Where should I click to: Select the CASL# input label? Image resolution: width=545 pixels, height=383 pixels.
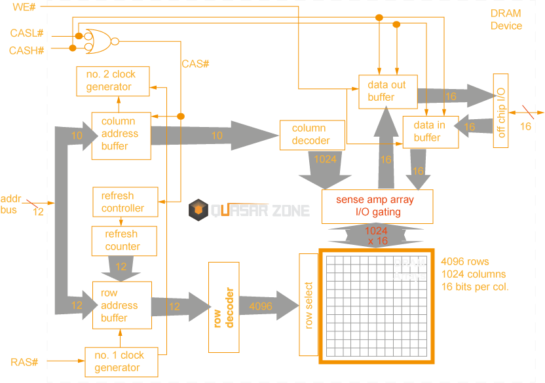coord(27,33)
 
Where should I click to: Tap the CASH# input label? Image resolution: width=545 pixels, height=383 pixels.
coord(27,50)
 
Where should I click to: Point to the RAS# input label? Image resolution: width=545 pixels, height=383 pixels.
coord(24,362)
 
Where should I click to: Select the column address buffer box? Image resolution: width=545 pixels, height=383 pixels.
coord(121,134)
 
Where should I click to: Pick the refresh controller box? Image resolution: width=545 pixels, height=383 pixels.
coord(124,202)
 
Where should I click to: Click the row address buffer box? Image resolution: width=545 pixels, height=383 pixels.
coord(121,306)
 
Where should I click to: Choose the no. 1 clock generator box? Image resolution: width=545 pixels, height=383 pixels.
coord(121,361)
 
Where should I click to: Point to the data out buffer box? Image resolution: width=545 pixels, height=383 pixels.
coord(388,91)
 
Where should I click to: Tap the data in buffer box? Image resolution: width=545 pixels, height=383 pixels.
coord(429,131)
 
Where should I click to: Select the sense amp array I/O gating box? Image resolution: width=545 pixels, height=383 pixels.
coord(377,206)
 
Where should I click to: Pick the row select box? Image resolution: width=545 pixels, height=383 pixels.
coord(309,306)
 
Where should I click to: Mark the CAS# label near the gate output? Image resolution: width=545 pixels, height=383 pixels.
coord(195,64)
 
